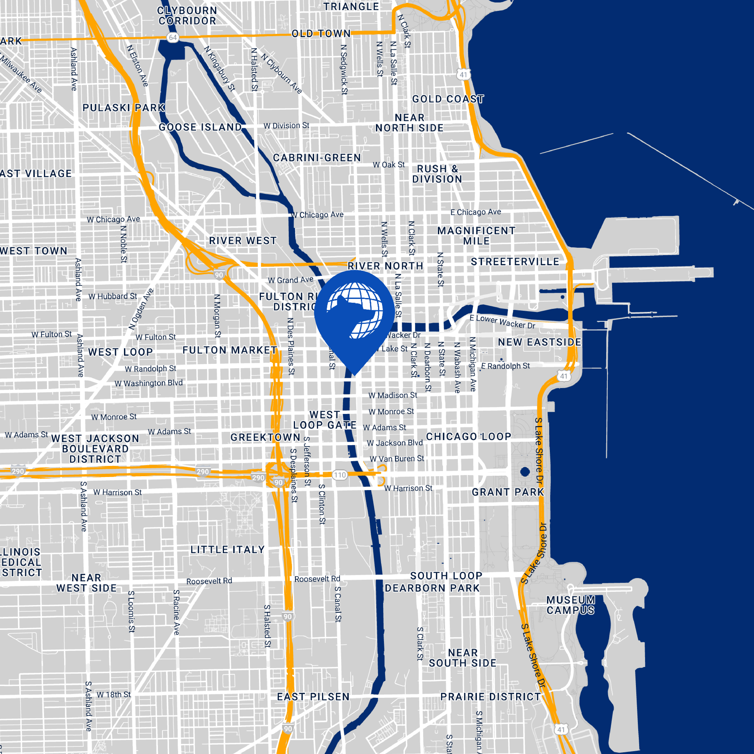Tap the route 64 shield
(x=173, y=38)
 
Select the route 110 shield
(x=340, y=475)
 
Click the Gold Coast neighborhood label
(x=448, y=99)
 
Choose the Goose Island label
(x=200, y=127)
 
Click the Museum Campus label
(x=571, y=605)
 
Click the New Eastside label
(x=539, y=342)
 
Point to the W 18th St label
(x=114, y=695)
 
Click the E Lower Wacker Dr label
(x=502, y=322)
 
